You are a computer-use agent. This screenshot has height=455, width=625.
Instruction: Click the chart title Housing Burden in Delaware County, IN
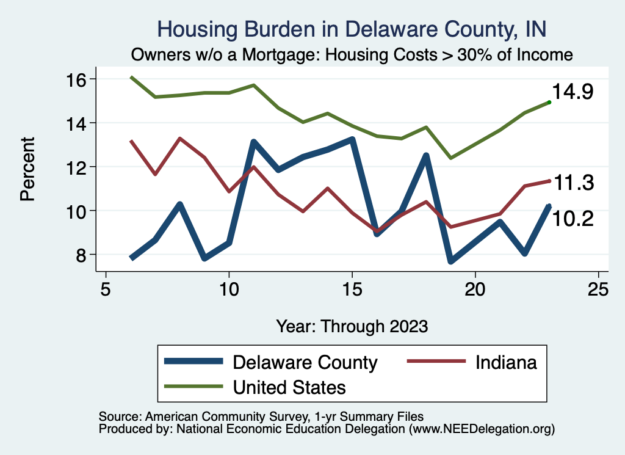click(352, 29)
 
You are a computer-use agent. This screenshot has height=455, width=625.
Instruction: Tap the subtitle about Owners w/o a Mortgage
click(352, 54)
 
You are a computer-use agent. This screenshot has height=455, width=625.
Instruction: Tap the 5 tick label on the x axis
click(106, 288)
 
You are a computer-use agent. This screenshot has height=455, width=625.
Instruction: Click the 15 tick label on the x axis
click(352, 288)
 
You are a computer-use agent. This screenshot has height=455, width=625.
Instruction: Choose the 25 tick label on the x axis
click(598, 288)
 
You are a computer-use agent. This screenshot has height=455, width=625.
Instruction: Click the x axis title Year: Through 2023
click(352, 326)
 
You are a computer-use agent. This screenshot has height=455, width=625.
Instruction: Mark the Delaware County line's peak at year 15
click(352, 140)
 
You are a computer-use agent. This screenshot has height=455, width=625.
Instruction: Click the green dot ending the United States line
click(549, 102)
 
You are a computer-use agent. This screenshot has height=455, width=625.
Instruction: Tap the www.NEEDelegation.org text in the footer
click(483, 429)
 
